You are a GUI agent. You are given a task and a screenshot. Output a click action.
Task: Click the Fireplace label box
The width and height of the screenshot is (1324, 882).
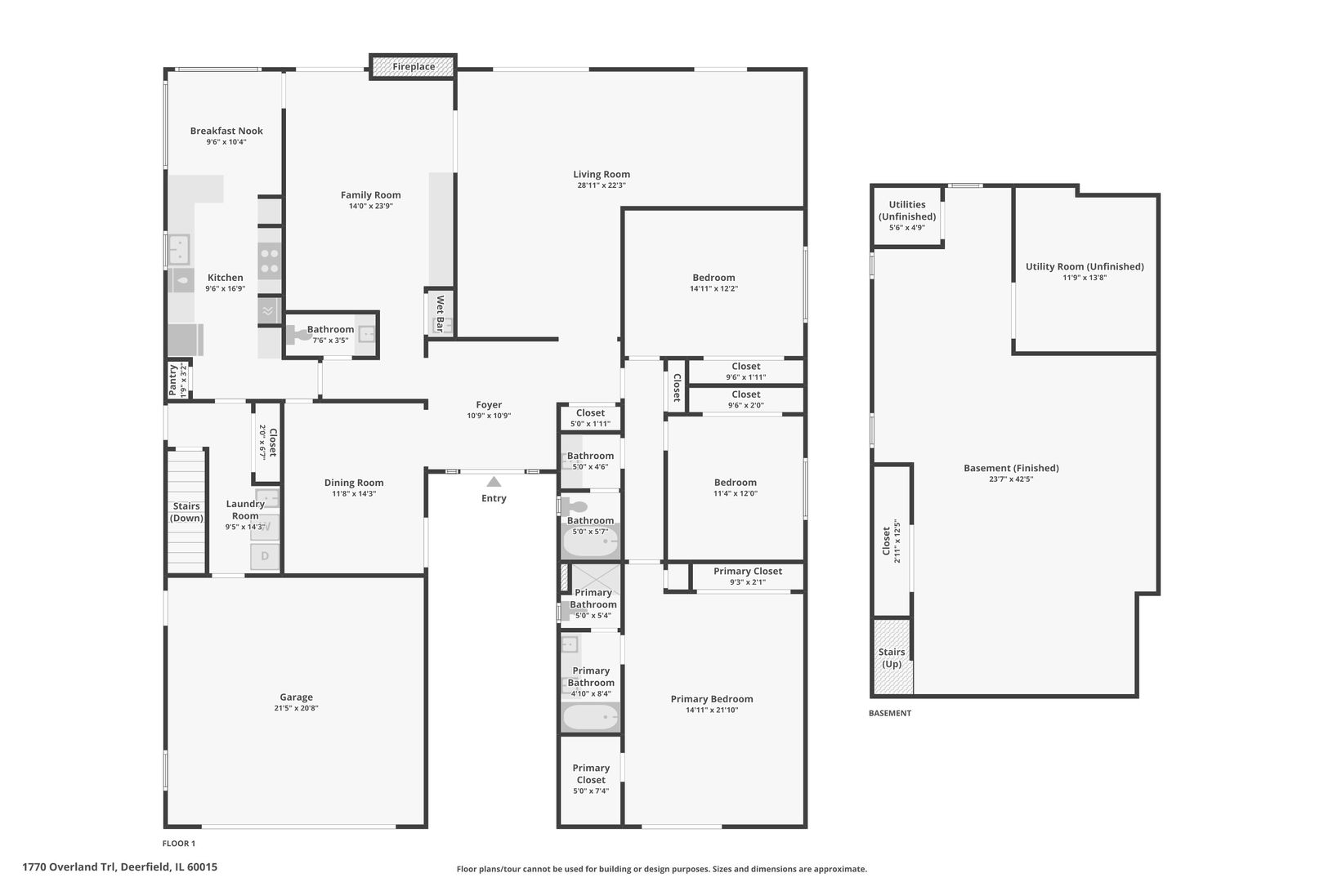[x=413, y=66]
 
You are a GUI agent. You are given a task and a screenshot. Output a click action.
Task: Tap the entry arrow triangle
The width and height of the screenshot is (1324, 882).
[x=494, y=482]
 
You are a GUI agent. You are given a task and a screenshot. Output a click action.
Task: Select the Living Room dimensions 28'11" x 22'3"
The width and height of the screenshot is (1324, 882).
[x=601, y=185]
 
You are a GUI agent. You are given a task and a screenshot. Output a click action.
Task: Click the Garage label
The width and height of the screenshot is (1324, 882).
[x=296, y=697]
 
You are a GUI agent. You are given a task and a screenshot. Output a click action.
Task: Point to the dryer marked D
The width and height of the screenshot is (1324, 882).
[x=265, y=556]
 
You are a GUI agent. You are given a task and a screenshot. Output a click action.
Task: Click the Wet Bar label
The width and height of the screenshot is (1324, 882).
[x=440, y=313]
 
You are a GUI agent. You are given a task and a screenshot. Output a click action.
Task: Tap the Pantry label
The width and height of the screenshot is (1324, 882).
[x=173, y=381]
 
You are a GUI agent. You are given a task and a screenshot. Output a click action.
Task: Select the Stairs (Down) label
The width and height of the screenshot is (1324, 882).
[x=186, y=512]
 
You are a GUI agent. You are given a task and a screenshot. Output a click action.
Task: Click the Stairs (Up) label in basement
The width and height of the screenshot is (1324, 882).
[x=892, y=657]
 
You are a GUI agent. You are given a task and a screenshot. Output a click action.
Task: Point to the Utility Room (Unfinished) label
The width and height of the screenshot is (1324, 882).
[x=1085, y=266]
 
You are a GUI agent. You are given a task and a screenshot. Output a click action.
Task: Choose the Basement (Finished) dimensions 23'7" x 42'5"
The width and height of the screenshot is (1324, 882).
[x=1011, y=479]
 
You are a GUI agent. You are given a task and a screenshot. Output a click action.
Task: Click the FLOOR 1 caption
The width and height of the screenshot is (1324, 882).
[x=179, y=844]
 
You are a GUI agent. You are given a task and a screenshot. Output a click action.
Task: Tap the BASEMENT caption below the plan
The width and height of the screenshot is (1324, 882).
[x=889, y=713]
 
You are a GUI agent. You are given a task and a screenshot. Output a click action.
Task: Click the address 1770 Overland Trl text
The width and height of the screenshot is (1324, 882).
[x=119, y=867]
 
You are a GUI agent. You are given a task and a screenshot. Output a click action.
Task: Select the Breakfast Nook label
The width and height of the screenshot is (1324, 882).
[x=226, y=131]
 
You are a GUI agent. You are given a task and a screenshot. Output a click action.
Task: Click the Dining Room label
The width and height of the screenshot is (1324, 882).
[x=354, y=483]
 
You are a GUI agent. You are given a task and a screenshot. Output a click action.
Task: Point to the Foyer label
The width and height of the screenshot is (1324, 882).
[x=489, y=404]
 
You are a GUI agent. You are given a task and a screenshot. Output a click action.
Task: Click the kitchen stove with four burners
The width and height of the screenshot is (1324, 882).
[x=270, y=261]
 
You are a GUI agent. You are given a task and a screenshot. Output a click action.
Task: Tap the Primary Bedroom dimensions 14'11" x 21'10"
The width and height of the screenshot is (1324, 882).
[x=712, y=710]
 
